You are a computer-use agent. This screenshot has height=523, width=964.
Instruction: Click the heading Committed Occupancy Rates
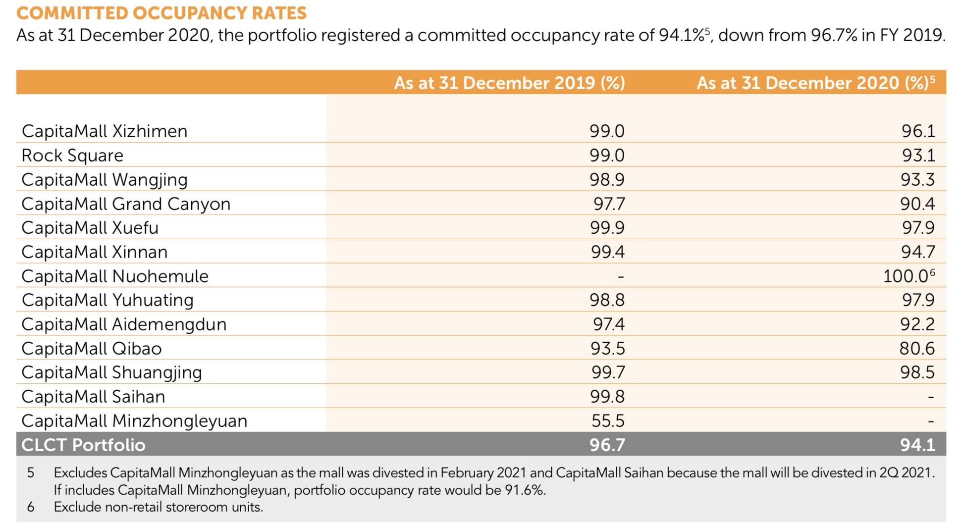coord(161,13)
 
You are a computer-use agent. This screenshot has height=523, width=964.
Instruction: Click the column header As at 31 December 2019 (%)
coord(509,83)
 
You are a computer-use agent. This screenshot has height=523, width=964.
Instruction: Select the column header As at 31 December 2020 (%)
coord(812,83)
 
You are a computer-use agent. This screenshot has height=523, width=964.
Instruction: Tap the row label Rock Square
coord(72,156)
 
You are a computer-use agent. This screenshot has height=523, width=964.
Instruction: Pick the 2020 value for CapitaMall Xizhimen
coord(918,131)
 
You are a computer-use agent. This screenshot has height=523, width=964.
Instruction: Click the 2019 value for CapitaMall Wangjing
coord(607,179)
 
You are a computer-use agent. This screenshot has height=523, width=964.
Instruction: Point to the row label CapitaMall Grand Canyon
coord(126,204)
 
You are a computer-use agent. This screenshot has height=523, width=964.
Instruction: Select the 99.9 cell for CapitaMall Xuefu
coord(607,228)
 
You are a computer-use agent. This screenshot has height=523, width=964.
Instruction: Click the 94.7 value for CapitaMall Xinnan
coord(918,252)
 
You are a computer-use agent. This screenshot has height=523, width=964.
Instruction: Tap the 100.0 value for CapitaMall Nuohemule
coord(906,276)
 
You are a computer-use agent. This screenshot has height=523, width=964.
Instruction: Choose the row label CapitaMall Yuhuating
coord(107,300)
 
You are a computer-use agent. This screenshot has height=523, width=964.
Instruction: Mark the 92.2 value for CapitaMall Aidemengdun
coord(917,324)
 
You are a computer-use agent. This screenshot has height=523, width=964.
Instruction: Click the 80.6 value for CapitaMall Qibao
coord(917,349)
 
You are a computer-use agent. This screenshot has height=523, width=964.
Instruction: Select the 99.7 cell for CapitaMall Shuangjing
coord(608,372)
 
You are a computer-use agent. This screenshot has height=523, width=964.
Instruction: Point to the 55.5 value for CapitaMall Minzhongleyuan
coord(608,421)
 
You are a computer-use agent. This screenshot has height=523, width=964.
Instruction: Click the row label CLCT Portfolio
coord(83,445)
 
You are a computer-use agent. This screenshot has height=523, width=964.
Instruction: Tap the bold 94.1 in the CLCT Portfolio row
coord(917,445)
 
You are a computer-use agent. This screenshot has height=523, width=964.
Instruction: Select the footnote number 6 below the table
coord(31,507)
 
